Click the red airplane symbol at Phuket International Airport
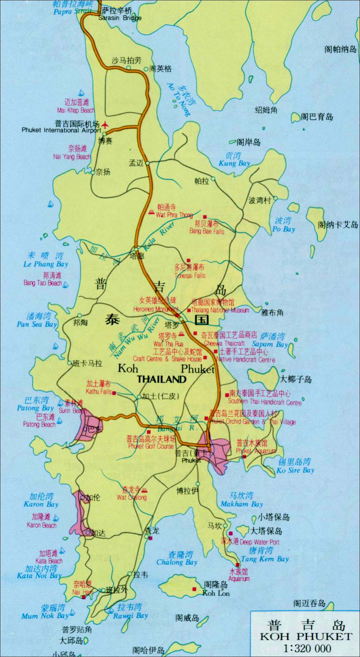pyautogui.click(x=105, y=125)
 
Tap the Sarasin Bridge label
pyautogui.click(x=120, y=18)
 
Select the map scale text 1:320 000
pyautogui.click(x=307, y=648)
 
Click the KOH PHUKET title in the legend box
pyautogui.click(x=306, y=636)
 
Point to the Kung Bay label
pyautogui.click(x=234, y=163)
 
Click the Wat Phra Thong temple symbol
pyautogui.click(x=151, y=212)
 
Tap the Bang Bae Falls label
pyautogui.click(x=207, y=231)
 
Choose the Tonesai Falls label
pyautogui.click(x=190, y=275)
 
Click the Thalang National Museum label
pyautogui.click(x=220, y=310)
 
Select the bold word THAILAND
pyautogui.click(x=161, y=379)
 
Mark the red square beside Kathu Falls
pyautogui.click(x=114, y=393)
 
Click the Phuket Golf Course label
pyautogui.click(x=151, y=446)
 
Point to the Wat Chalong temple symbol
pyautogui.click(x=144, y=490)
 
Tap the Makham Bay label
pyautogui.click(x=242, y=504)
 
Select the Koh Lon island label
pyautogui.click(x=216, y=593)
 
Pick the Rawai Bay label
pyautogui.click(x=130, y=615)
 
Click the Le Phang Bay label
pyautogui.click(x=46, y=264)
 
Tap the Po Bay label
pyautogui.click(x=284, y=229)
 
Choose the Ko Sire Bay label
pyautogui.click(x=295, y=470)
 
